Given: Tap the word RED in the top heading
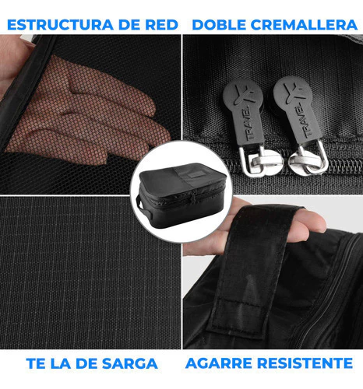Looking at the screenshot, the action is [x=161, y=25].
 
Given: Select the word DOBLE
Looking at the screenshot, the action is [x=219, y=25].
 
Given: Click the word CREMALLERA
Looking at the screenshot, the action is [x=304, y=25].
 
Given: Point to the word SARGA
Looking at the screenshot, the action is [x=130, y=363].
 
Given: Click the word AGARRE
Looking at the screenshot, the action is [x=218, y=363].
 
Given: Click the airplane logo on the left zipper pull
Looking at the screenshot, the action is [x=244, y=94].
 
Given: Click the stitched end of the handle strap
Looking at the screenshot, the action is [x=238, y=317].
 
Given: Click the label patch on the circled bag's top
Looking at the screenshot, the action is [x=194, y=176].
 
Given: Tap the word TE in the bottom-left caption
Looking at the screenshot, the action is [x=36, y=363].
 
